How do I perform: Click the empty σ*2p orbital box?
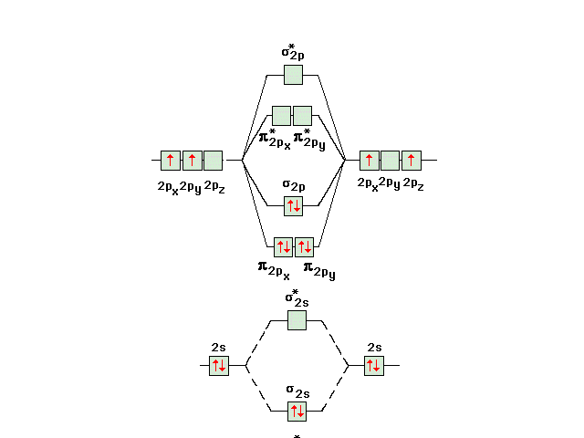(293, 75)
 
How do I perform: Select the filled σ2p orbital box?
(293, 206)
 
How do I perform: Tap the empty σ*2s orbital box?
(297, 320)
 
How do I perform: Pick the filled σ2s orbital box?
(297, 412)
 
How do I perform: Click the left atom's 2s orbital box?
(219, 365)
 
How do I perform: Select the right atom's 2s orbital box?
(373, 365)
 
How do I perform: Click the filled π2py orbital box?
(304, 247)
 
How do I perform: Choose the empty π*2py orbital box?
(302, 116)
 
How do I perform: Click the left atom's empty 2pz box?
(213, 161)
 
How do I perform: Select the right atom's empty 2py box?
(390, 161)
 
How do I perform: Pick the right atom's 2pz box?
(412, 161)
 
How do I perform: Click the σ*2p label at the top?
(293, 52)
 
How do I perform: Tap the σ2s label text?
(298, 391)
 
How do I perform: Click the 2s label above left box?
(218, 348)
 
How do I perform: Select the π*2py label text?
(309, 140)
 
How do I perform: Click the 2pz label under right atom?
(413, 184)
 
